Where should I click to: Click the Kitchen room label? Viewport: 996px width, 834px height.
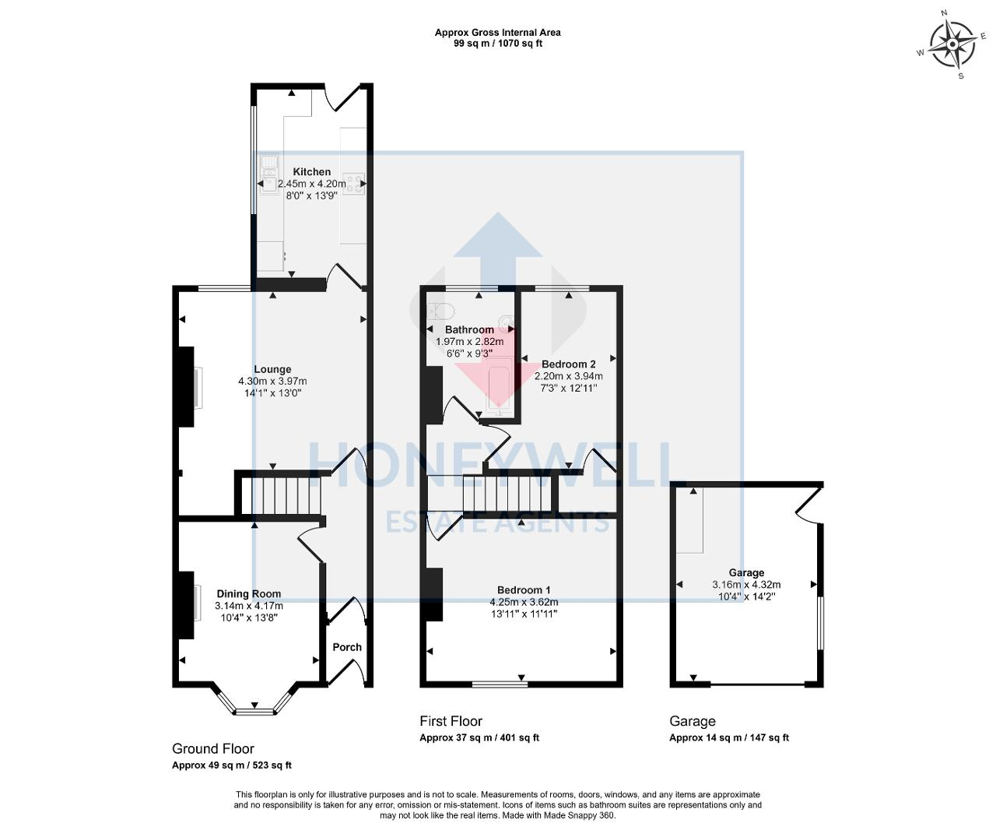tap(311, 172)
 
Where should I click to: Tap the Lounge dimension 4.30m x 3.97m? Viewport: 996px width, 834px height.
tap(272, 382)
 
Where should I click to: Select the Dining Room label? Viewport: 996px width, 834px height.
tap(248, 593)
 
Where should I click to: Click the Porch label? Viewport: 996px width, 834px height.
tap(347, 647)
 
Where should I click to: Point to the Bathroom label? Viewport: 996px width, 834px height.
tap(469, 330)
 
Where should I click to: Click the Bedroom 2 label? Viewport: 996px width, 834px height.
tap(568, 364)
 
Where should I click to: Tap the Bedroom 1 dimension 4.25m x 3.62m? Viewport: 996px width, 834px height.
tap(524, 602)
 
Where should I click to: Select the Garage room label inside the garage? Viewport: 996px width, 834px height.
tap(746, 572)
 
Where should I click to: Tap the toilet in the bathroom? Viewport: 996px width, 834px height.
tap(441, 311)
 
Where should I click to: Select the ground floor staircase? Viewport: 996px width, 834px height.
tap(280, 496)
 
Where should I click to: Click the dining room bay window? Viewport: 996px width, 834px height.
tap(254, 710)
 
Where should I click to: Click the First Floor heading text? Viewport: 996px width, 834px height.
tap(451, 721)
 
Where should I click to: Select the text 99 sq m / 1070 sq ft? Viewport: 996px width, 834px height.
tap(498, 44)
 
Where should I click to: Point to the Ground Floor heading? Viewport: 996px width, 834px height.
tap(212, 748)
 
